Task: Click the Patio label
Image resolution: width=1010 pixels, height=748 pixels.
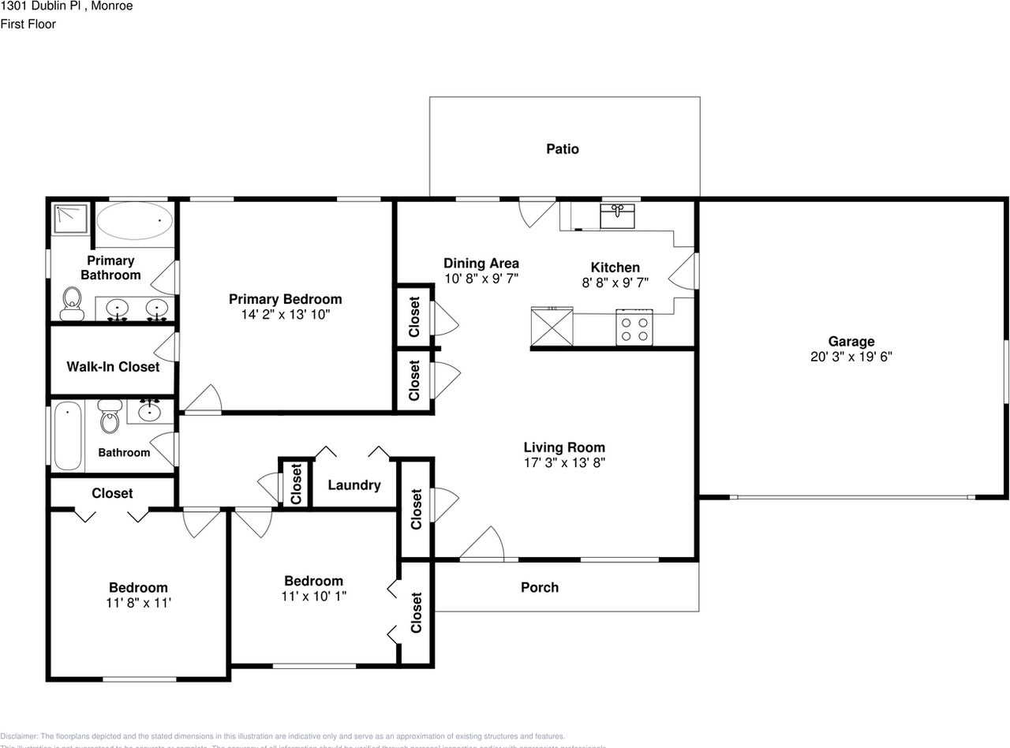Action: (563, 149)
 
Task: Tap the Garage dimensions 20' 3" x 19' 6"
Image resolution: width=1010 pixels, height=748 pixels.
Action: (851, 357)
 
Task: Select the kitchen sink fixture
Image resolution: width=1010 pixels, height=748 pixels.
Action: (616, 215)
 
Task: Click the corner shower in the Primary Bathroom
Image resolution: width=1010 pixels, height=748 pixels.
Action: (73, 219)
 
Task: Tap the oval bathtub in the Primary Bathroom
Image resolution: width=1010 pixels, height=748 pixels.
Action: (135, 220)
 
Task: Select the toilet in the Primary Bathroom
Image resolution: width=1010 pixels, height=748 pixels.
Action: (73, 304)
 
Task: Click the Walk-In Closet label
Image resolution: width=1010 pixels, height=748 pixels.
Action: (113, 367)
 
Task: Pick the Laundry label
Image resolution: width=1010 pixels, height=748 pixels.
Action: (354, 485)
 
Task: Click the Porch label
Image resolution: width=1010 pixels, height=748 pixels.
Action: (540, 587)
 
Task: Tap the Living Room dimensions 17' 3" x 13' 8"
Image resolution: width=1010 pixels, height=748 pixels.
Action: (564, 463)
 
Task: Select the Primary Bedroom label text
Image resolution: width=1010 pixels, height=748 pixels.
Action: (285, 299)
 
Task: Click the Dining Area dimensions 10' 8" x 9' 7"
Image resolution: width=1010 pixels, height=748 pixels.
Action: (481, 279)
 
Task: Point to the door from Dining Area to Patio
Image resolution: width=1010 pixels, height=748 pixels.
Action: (537, 211)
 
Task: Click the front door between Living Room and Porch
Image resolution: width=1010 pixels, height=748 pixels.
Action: (483, 544)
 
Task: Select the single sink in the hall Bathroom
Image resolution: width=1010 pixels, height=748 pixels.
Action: (148, 411)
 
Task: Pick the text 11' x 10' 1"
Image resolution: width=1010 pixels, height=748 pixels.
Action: (314, 597)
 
